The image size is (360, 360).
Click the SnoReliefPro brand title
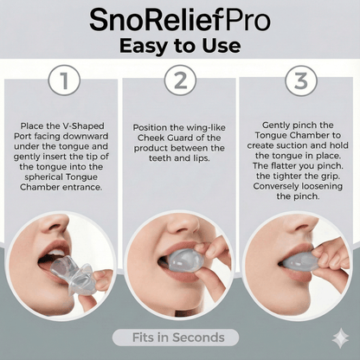(x=179, y=19)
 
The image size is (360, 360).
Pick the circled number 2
(x=180, y=82)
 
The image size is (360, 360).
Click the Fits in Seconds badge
(x=179, y=337)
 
